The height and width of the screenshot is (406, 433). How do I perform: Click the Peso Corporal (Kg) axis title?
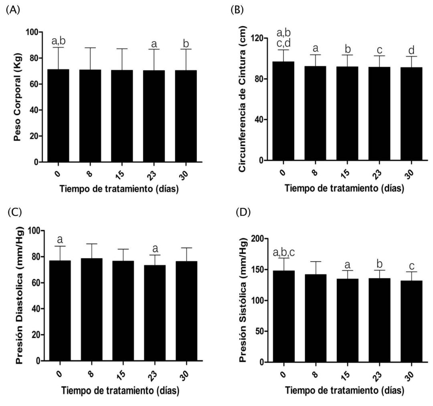coord(17,97)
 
